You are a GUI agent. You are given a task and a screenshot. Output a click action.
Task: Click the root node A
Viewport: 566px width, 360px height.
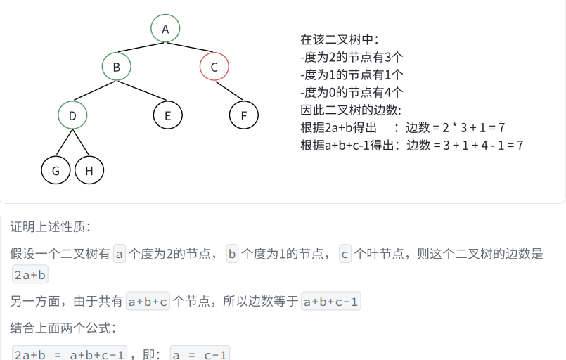click(165, 29)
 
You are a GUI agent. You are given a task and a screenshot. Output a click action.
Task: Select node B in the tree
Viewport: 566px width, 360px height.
click(117, 67)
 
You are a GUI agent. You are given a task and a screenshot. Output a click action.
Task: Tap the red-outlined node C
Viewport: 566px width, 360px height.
click(214, 67)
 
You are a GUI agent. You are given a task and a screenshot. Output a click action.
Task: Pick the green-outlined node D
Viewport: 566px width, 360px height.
click(72, 115)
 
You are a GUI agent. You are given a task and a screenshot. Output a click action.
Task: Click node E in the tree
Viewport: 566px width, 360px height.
click(167, 115)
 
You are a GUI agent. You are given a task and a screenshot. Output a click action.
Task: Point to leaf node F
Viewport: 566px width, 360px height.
click(244, 115)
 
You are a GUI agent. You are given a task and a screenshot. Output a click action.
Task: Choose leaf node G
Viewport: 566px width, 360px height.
click(56, 170)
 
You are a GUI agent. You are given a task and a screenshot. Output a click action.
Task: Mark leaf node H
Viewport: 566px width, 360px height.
click(89, 170)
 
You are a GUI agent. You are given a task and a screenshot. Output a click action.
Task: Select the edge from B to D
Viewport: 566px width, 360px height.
click(95, 91)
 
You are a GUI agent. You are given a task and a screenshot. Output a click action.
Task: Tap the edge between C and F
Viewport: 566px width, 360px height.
click(229, 91)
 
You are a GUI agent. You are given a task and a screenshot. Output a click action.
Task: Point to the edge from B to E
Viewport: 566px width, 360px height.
click(142, 91)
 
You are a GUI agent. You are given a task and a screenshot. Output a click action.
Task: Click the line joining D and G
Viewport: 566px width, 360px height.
click(64, 143)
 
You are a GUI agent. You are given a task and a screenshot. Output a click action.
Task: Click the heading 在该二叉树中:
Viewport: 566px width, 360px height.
click(340, 39)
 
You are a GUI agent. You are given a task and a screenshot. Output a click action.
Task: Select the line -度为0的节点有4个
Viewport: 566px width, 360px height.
click(352, 92)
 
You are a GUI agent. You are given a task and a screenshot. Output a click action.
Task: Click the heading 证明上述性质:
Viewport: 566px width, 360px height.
click(50, 227)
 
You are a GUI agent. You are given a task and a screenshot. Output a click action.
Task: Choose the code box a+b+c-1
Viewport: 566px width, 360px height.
click(331, 302)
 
